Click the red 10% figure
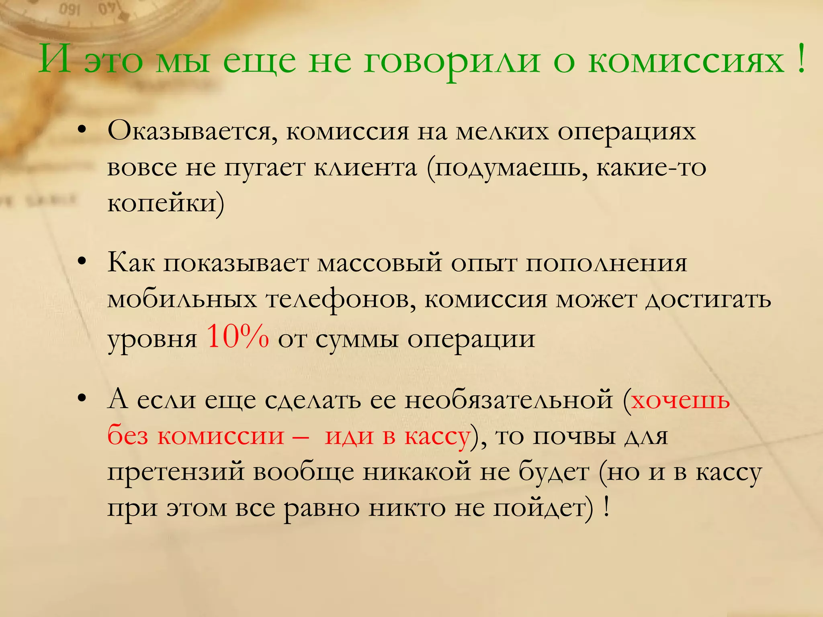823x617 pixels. (x=237, y=336)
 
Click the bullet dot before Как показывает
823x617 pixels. (x=82, y=262)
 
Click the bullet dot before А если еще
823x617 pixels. (x=82, y=398)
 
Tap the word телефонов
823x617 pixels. (x=341, y=300)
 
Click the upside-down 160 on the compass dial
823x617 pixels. (x=70, y=9)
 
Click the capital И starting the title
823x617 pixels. (x=56, y=59)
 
